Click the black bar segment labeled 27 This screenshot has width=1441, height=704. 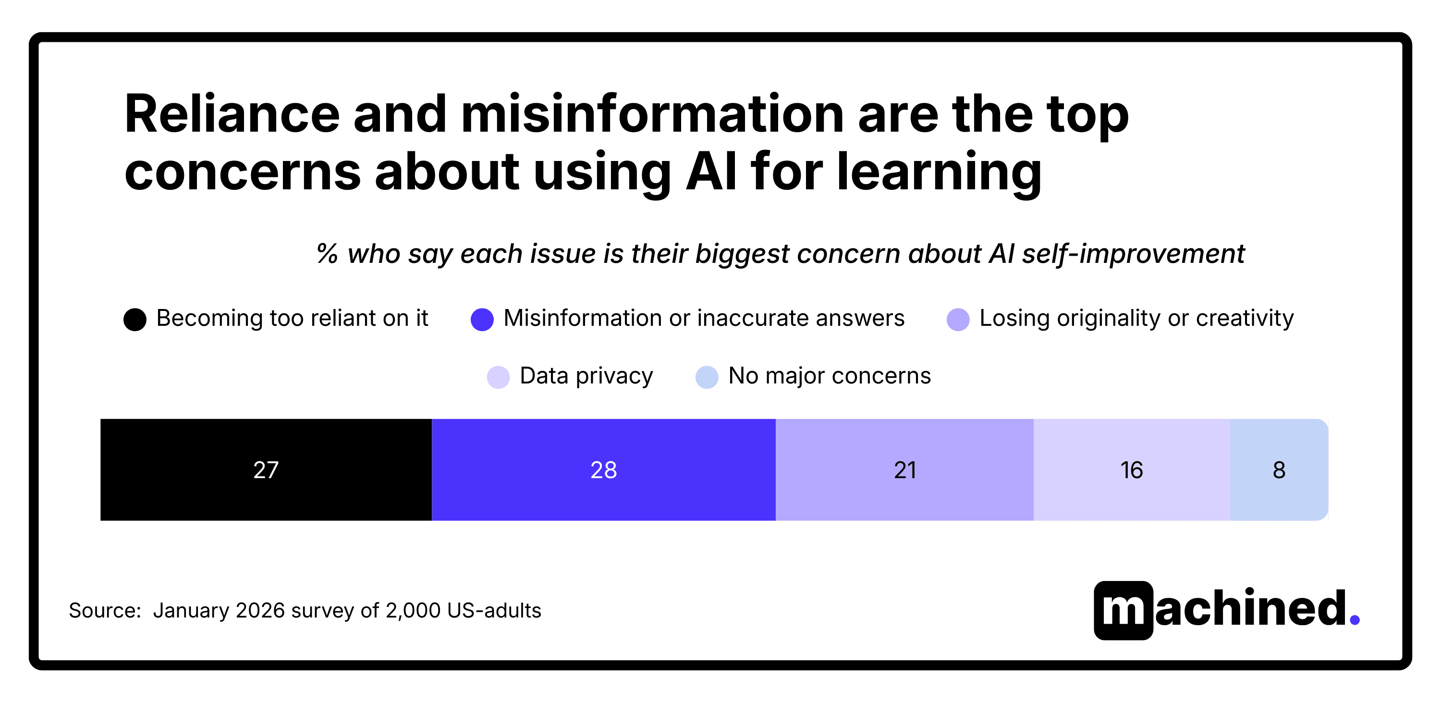(266, 469)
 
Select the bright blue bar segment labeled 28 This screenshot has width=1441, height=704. (604, 469)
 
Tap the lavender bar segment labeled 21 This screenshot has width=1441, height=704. (904, 469)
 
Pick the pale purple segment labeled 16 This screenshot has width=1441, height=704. (1131, 469)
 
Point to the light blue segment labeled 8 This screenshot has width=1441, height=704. (1279, 469)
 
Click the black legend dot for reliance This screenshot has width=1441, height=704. (135, 320)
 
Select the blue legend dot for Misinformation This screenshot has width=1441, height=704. (482, 320)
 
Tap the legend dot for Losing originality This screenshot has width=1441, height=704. (958, 320)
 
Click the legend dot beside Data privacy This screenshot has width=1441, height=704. (498, 377)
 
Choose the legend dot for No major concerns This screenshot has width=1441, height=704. (707, 377)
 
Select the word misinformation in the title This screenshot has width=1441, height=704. (652, 115)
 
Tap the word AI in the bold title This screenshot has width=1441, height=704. (711, 173)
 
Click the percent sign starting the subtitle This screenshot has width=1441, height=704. (327, 254)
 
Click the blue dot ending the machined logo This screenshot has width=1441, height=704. (1354, 619)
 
